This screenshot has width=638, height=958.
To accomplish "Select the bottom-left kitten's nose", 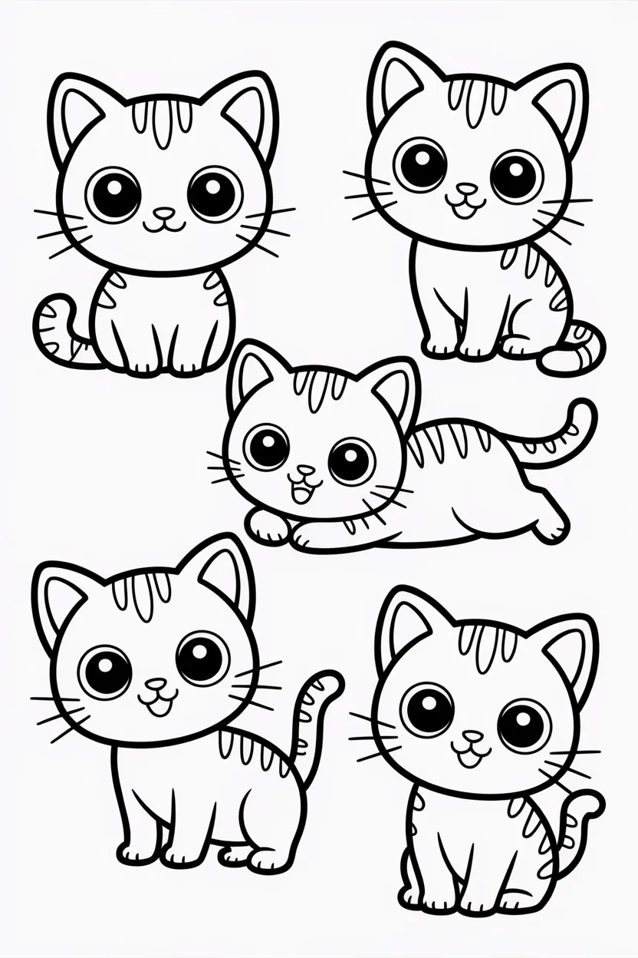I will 156,683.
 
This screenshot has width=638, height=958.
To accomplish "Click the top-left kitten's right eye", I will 214,191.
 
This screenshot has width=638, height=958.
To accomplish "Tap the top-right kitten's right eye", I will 516,176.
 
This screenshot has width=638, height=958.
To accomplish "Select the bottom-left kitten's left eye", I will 104,671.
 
